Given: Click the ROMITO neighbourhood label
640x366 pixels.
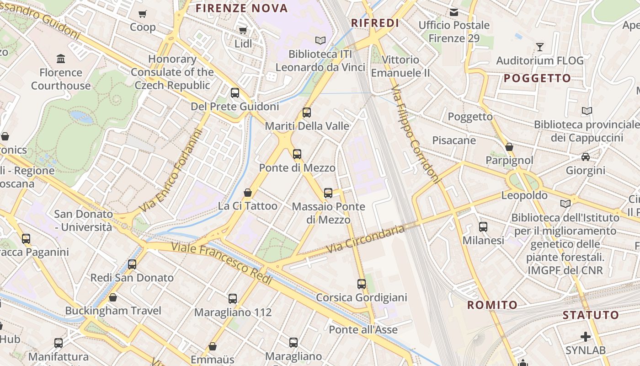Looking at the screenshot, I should click(492, 305).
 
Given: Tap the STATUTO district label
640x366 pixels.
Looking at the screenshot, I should click(590, 315).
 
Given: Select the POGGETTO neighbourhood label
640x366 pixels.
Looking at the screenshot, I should click(537, 78).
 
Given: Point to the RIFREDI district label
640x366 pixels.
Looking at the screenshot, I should click(375, 23).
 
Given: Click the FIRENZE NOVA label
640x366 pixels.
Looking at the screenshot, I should click(242, 8).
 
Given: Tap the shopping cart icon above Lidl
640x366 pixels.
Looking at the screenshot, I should click(243, 31).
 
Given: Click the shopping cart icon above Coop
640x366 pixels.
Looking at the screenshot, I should click(143, 14).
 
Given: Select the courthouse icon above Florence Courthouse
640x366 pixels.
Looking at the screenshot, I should click(60, 59).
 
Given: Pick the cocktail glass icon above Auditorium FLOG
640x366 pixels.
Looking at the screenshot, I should click(540, 47).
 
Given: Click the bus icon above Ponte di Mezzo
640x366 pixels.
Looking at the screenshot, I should click(297, 154).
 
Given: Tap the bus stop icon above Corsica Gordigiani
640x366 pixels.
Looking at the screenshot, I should click(362, 284).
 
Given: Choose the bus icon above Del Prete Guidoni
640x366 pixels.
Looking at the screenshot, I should click(235, 93).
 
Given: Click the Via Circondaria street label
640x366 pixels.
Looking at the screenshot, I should click(367, 239).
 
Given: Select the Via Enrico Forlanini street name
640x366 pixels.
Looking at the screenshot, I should click(171, 172).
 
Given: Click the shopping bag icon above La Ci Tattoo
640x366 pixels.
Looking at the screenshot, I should click(247, 193).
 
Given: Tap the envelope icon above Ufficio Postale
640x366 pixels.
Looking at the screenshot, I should click(453, 12).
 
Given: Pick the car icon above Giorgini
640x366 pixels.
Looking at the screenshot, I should click(585, 157).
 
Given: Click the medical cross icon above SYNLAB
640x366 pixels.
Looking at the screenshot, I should click(585, 337).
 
